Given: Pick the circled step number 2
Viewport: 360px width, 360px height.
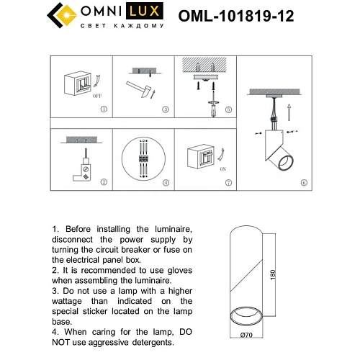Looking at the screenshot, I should click(103, 182).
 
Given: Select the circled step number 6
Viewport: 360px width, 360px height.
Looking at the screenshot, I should click(303, 183).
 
